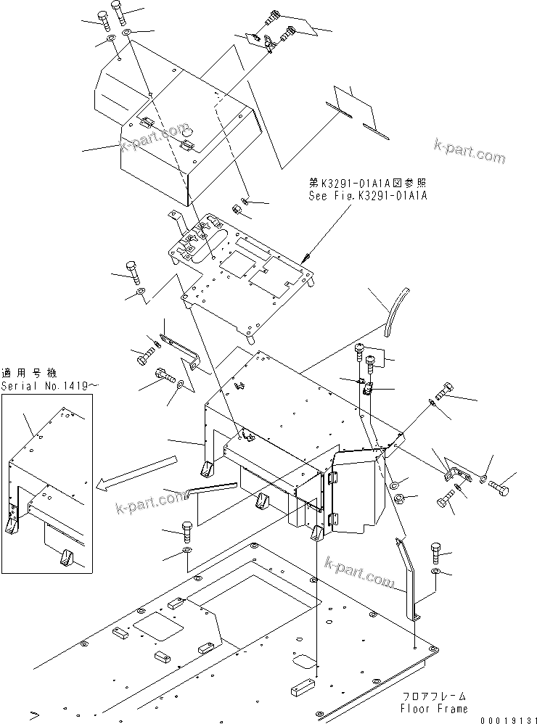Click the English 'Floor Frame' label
pos(434,708)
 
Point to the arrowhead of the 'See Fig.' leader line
pos(307,258)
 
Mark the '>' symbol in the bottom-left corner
pos(33,715)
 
